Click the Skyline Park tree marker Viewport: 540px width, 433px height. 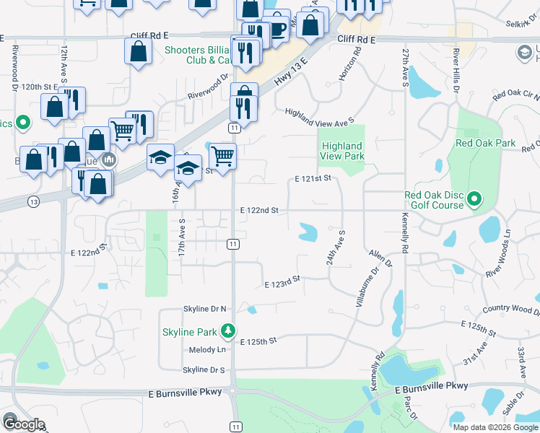pyautogui.click(x=229, y=331)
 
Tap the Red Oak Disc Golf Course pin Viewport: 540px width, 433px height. pyautogui.click(x=474, y=198)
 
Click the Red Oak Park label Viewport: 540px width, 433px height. pyautogui.click(x=486, y=143)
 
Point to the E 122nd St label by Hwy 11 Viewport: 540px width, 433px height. pyautogui.click(x=260, y=210)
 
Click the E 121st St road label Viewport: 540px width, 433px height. pyautogui.click(x=313, y=178)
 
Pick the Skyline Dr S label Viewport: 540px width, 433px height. pyautogui.click(x=204, y=369)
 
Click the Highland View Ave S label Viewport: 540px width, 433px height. pyautogui.click(x=319, y=115)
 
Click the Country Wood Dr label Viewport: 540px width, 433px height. pyautogui.click(x=511, y=310)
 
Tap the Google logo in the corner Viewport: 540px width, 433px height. pyautogui.click(x=25, y=424)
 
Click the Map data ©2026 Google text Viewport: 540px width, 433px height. pyautogui.click(x=495, y=427)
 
